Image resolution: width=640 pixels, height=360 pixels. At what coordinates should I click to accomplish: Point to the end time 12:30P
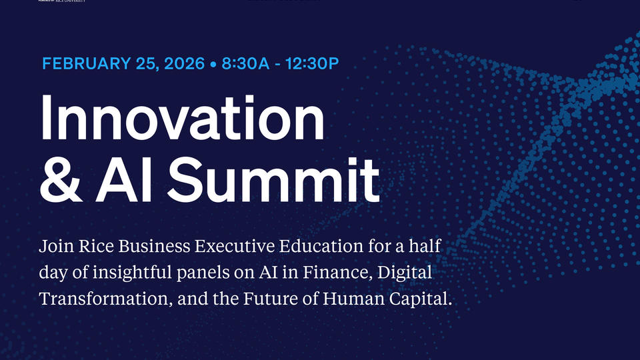[x=313, y=64]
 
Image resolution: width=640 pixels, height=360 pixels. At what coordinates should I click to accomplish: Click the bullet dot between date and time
[x=213, y=65]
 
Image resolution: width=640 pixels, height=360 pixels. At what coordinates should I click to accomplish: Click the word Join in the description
[x=54, y=247]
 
